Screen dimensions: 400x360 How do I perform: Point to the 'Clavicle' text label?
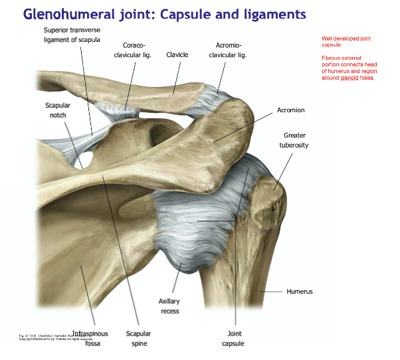coord(177,54)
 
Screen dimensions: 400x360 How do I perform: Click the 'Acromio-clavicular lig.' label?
coord(228,50)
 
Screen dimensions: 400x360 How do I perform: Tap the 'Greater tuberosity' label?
coord(295,139)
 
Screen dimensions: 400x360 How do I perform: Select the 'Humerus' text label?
coord(299,291)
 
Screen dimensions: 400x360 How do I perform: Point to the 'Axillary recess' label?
coord(169,306)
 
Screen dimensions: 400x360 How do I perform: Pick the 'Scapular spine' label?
coord(139,338)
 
